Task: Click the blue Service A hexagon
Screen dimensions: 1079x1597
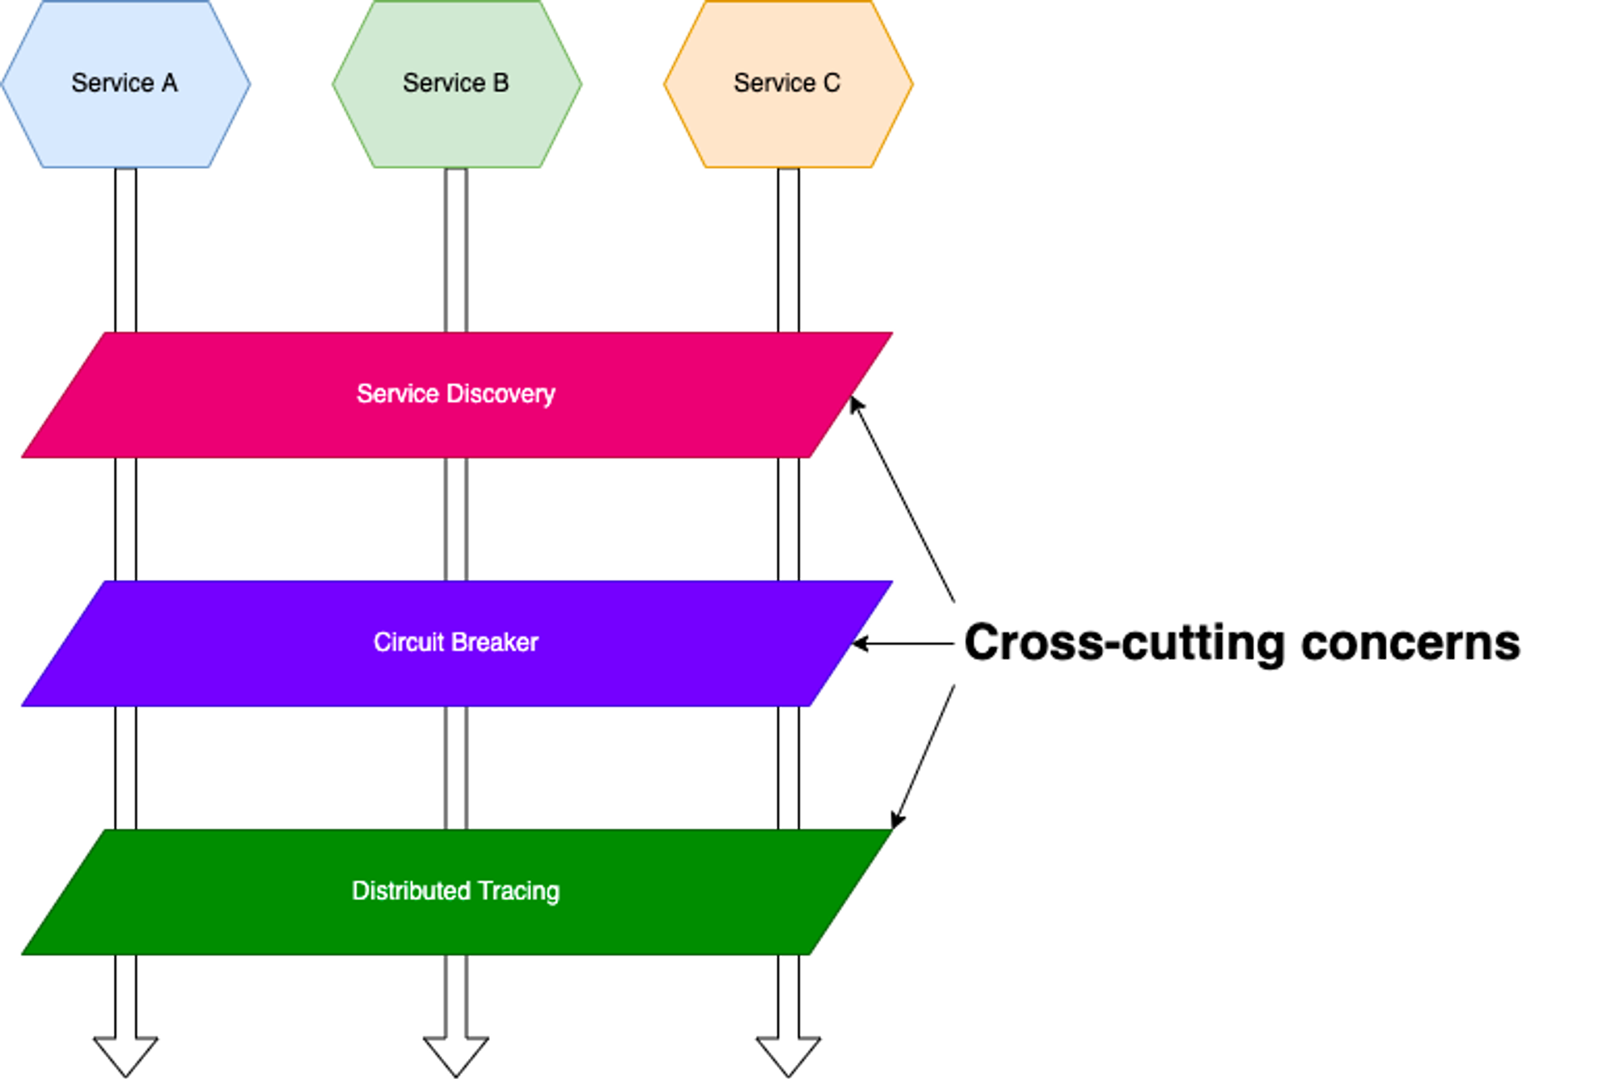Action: pyautogui.click(x=125, y=125)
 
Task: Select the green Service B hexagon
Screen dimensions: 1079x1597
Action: pyautogui.click(x=457, y=125)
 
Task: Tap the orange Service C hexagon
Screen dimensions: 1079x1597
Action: pyautogui.click(x=788, y=125)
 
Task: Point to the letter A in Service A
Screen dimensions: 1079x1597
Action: pyautogui.click(x=170, y=83)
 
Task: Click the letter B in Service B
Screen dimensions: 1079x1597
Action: pyautogui.click(x=501, y=83)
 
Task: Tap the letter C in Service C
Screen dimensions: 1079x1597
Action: pyautogui.click(x=832, y=83)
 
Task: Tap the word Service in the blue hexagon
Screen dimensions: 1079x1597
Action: pyautogui.click(x=112, y=83)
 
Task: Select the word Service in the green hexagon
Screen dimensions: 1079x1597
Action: pyautogui.click(x=443, y=83)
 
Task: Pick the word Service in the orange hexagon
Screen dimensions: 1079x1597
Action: pyautogui.click(x=774, y=83)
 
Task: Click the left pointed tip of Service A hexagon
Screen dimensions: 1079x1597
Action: pyautogui.click(x=3, y=84)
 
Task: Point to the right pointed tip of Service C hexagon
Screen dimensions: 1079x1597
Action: pyautogui.click(x=912, y=84)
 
